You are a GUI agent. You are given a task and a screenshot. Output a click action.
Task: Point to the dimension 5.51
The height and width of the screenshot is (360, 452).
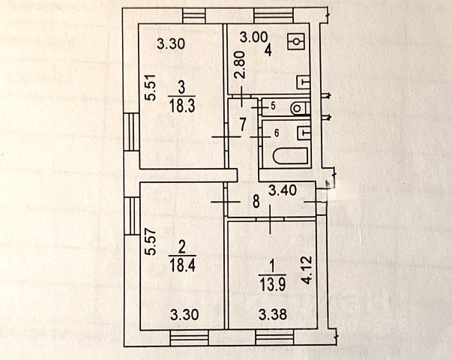(x=150, y=87)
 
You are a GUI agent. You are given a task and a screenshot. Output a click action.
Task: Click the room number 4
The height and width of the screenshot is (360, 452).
(x=266, y=51)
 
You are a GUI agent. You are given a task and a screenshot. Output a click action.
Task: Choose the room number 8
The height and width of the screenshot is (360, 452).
(x=256, y=201)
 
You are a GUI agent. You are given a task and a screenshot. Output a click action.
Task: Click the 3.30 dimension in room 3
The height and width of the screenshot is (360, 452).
(x=172, y=43)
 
